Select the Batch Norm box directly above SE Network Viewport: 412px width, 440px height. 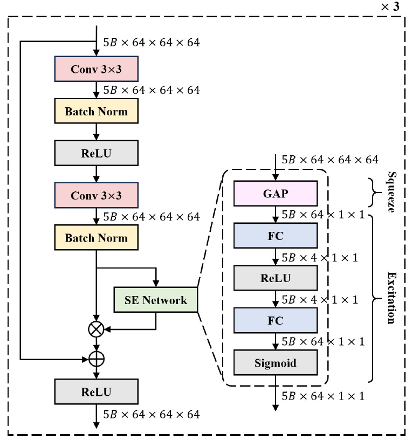(97, 238)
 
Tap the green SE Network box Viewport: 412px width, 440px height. (156, 299)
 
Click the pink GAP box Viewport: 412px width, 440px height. (275, 193)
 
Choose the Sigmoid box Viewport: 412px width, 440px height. (275, 363)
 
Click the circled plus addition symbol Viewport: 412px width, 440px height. (97, 357)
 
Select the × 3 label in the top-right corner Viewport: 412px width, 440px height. (392, 7)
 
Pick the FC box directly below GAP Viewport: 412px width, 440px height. (275, 235)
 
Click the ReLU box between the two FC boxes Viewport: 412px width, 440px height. (275, 278)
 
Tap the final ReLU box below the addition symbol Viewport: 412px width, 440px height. (97, 391)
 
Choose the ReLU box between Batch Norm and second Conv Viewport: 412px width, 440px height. (97, 153)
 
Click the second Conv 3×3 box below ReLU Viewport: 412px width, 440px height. (97, 195)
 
